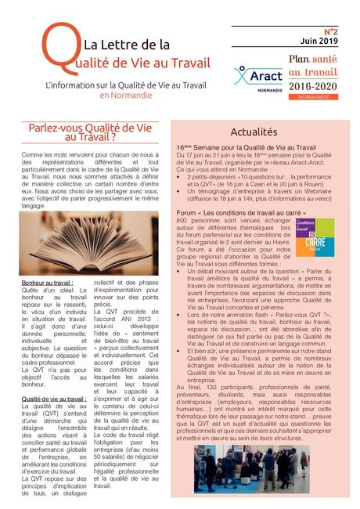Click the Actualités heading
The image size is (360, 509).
point(255,132)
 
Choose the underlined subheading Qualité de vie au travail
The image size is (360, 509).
point(54,398)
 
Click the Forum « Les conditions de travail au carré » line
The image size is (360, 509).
point(246,211)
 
